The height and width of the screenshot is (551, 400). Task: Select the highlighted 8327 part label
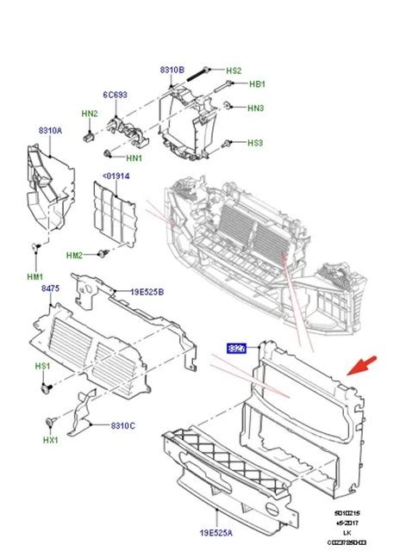click(x=236, y=349)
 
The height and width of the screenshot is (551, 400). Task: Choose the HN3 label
click(x=255, y=108)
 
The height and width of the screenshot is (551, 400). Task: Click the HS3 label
click(x=255, y=143)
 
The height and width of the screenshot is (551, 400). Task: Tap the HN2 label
click(x=90, y=114)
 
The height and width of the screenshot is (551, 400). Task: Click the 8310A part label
click(x=49, y=131)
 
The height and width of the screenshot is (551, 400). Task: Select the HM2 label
click(x=75, y=255)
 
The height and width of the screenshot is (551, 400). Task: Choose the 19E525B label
click(x=148, y=291)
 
